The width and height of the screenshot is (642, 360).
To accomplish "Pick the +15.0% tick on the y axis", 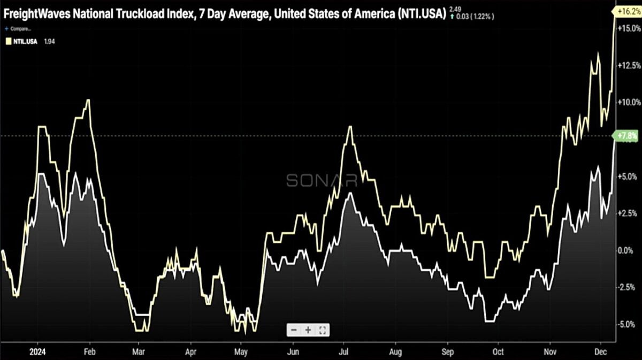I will click(628, 28).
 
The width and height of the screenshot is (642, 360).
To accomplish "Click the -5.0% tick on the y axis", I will click(628, 324).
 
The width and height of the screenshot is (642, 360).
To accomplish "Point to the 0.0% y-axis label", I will click(628, 250).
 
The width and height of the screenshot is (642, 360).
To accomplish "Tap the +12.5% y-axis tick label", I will click(628, 65).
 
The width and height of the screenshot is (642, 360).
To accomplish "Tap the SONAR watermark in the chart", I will click(322, 180).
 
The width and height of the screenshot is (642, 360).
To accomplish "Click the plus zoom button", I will click(308, 330).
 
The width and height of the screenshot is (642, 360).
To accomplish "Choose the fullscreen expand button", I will click(322, 330).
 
